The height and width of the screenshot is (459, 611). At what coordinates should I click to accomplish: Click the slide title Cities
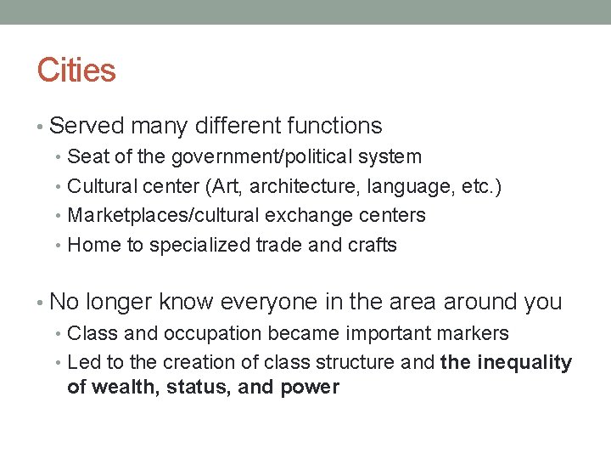pos(76,70)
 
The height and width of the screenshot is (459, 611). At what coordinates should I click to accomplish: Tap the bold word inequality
pos(524,363)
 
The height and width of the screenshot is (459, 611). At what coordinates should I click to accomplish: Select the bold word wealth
pos(121,388)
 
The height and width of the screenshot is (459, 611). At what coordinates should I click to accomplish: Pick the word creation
pos(199,363)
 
